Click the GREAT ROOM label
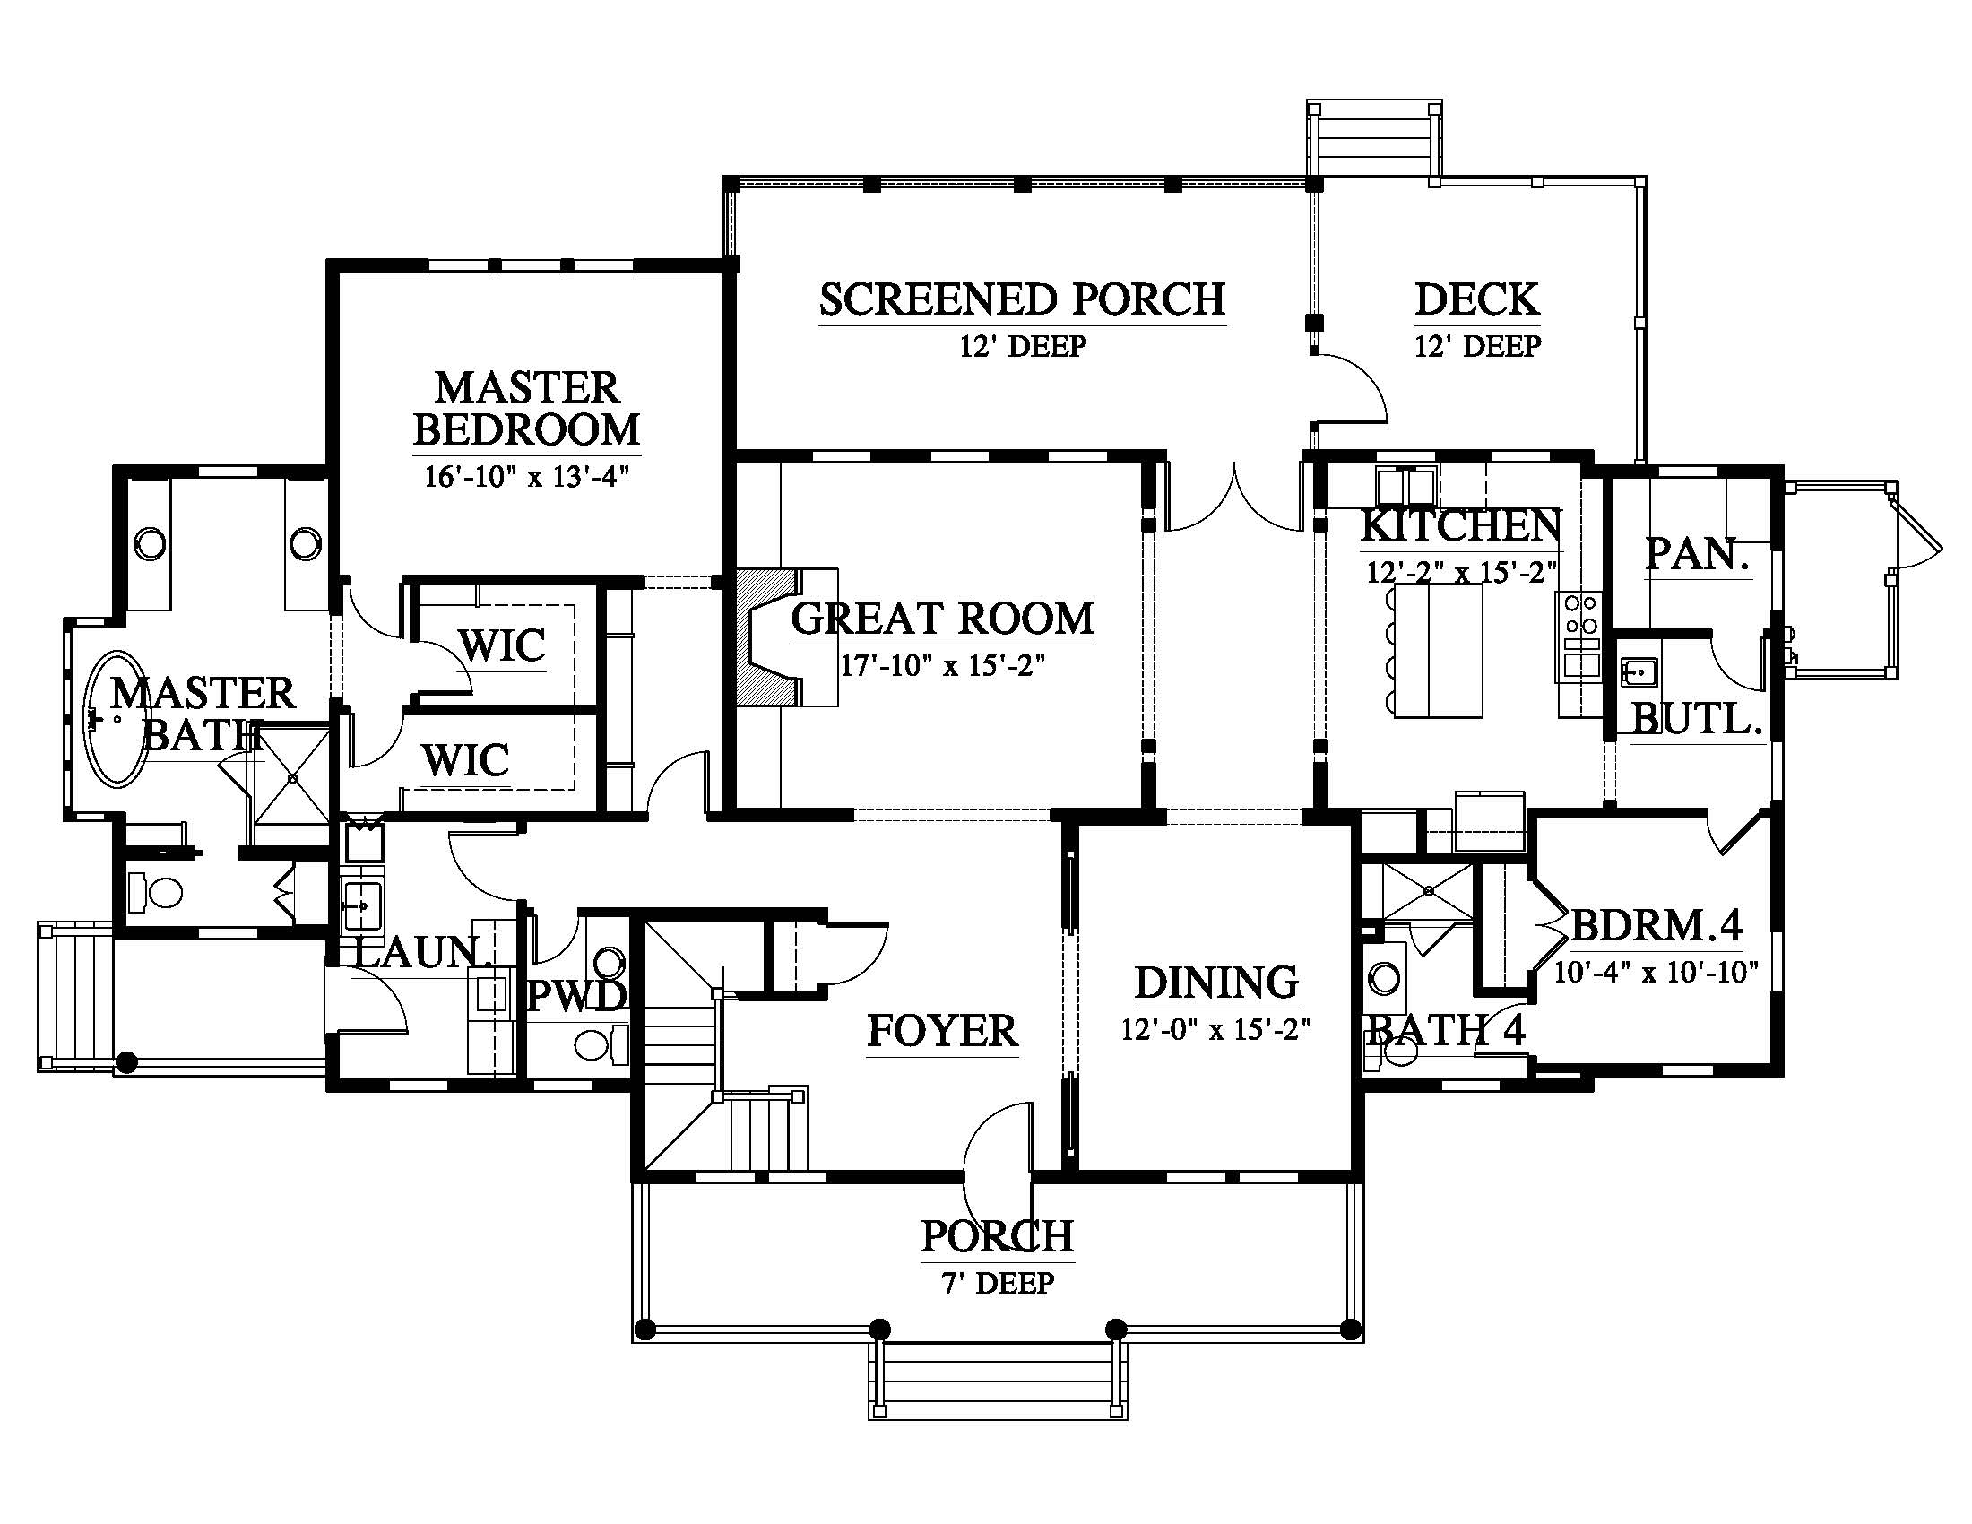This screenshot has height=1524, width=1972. click(x=943, y=619)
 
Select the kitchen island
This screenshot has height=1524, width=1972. click(x=1439, y=651)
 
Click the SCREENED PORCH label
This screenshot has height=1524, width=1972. click(x=1022, y=299)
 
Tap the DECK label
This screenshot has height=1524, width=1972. click(x=1477, y=299)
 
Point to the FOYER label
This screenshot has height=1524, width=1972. click(x=942, y=1030)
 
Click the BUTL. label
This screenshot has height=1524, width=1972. click(x=1698, y=719)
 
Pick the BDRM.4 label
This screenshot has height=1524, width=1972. click(x=1656, y=924)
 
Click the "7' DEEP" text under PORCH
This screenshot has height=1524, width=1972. click(x=998, y=1283)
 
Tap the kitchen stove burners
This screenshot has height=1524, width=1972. click(x=1578, y=614)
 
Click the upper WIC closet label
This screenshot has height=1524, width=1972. click(x=502, y=645)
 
